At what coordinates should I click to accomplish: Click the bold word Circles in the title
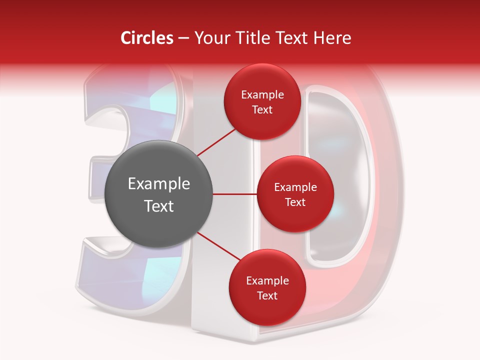tap(146, 38)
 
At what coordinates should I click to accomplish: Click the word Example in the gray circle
tap(159, 184)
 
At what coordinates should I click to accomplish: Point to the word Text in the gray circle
tap(159, 206)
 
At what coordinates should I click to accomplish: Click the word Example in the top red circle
tap(262, 95)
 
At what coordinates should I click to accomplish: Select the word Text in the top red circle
tap(262, 109)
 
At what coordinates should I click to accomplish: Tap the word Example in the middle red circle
tap(295, 187)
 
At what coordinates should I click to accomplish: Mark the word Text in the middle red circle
tap(295, 202)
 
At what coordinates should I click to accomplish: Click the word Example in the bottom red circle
tap(267, 281)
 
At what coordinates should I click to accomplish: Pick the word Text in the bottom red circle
tap(267, 295)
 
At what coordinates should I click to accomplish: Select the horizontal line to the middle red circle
tap(235, 194)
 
